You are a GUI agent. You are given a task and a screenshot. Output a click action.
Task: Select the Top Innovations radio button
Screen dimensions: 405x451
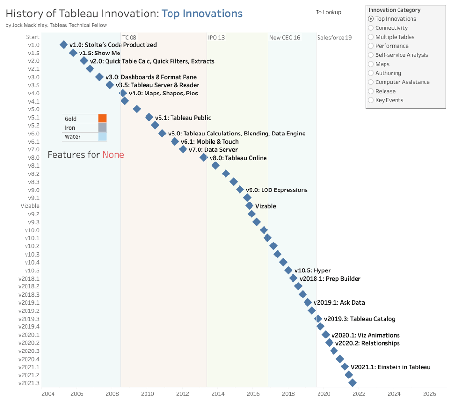371,19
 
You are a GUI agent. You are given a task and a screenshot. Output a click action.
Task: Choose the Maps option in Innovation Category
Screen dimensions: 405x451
371,64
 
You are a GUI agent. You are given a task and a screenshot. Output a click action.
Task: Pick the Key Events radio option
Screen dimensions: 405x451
371,100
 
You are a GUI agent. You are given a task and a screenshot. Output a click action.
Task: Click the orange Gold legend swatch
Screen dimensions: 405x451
102,119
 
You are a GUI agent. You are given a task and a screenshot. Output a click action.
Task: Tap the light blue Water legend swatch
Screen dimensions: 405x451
102,137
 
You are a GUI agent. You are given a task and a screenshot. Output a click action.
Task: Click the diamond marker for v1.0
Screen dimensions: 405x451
64,45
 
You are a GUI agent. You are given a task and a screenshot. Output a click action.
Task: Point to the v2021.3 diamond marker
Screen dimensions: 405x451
352,383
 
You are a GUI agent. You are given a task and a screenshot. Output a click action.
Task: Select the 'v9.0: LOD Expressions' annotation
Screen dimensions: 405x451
277,190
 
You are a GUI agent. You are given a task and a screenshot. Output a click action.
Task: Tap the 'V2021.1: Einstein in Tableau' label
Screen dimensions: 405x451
390,367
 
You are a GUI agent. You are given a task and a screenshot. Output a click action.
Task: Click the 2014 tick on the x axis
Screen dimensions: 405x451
218,394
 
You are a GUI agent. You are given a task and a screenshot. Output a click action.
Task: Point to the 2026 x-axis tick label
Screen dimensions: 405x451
429,394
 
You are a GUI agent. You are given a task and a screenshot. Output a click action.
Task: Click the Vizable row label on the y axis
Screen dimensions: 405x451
30,206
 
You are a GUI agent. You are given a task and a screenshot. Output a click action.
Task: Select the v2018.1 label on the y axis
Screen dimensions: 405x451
29,278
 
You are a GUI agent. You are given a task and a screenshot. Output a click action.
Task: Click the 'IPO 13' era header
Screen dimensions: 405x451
216,37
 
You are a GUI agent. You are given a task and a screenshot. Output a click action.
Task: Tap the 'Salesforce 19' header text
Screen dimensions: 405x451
334,37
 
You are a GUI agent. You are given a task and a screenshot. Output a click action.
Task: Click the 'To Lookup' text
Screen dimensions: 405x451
328,12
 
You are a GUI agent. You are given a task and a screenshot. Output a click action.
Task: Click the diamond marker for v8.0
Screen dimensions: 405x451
204,158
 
